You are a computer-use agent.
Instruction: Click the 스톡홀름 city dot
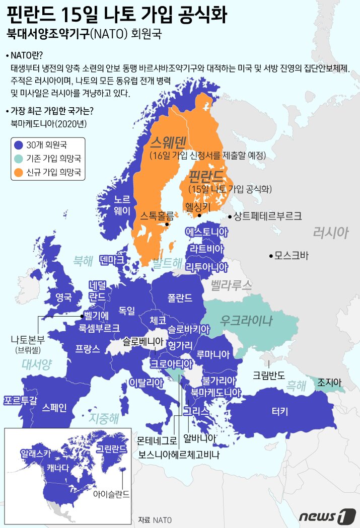[x=166, y=224]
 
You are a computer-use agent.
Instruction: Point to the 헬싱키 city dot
[x=199, y=215]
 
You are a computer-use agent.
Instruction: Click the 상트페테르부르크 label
[x=267, y=216]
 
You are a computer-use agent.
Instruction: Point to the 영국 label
[x=63, y=296]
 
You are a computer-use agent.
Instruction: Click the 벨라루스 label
[x=231, y=286]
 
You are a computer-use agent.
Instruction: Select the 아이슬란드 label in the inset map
[x=111, y=494]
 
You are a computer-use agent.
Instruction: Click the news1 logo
[x=324, y=515]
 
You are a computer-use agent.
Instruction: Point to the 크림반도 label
[x=269, y=375]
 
